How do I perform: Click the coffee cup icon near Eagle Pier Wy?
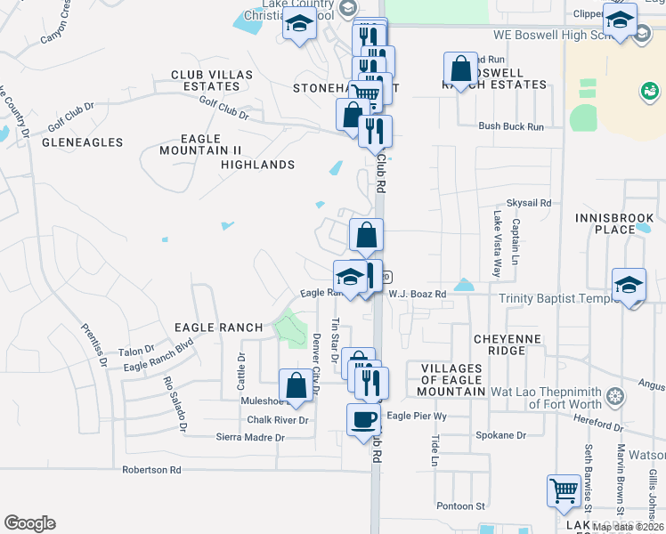click(x=364, y=419)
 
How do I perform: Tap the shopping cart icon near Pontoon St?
click(x=563, y=491)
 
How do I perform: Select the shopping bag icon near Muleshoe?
click(x=296, y=385)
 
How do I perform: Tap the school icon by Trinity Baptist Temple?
click(x=629, y=286)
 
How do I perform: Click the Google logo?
click(x=29, y=523)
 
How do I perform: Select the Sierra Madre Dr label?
click(x=250, y=437)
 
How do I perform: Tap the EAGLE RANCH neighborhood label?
click(x=219, y=328)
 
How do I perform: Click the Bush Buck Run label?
click(x=510, y=126)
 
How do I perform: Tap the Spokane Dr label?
click(x=501, y=435)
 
